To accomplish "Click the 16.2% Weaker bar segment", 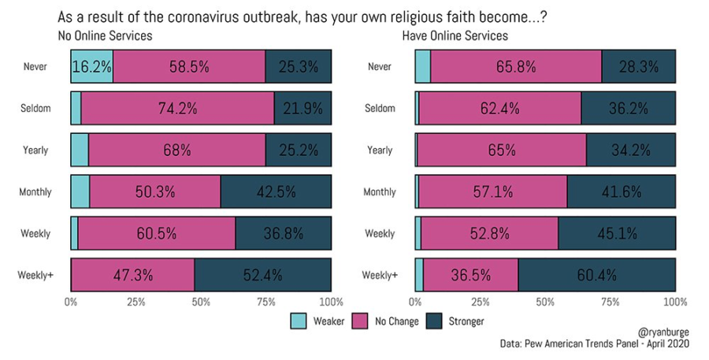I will [x=92, y=67].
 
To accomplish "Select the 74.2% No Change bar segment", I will [x=177, y=109].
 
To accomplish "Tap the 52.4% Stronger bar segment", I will [x=263, y=275].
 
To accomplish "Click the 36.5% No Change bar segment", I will [x=471, y=275].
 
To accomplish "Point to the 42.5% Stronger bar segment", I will [x=276, y=192].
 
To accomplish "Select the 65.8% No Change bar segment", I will [x=516, y=67].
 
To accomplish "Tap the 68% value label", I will [x=177, y=150].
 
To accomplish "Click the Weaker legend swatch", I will [x=299, y=321].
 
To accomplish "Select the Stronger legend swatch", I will [x=436, y=321].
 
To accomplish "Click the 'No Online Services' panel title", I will [x=105, y=35].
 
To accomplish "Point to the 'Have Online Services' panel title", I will [x=455, y=35].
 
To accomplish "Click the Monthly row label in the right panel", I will [x=379, y=192].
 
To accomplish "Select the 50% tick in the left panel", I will [x=201, y=301].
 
